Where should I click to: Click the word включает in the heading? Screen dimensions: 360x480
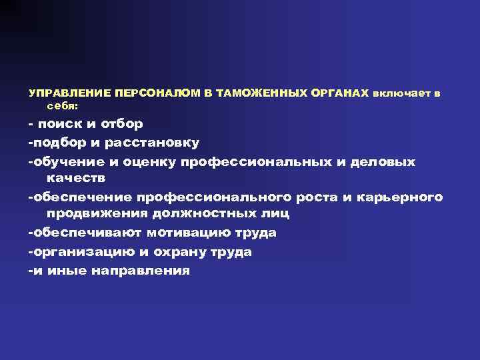pos(399,94)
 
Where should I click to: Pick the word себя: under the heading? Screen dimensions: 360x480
pos(63,105)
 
